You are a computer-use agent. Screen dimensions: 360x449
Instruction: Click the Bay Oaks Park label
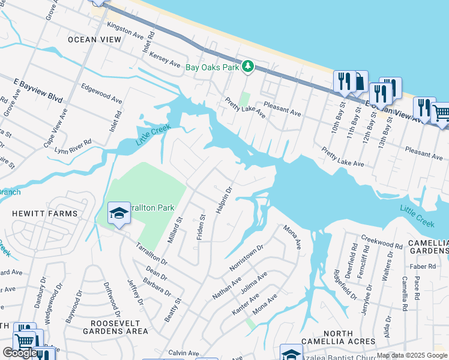coord(212,68)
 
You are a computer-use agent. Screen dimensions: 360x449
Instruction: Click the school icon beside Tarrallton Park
coord(119,213)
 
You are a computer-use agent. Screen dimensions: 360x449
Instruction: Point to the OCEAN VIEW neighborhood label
coord(94,39)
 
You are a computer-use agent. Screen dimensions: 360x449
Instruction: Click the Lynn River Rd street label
coord(73,146)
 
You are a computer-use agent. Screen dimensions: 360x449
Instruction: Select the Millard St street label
coord(175,230)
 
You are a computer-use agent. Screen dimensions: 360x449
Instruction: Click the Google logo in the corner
coord(20,353)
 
